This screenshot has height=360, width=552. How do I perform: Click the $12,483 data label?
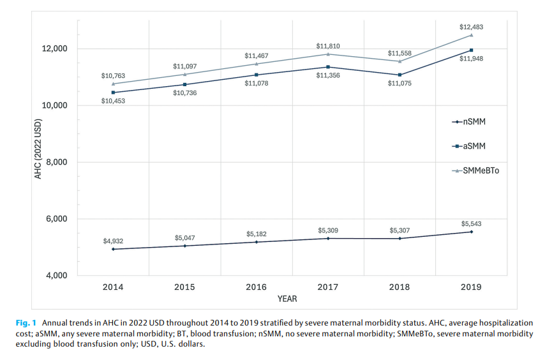(472, 27)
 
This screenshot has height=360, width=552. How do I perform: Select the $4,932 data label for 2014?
(114, 241)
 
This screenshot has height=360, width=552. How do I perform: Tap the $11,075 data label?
(399, 83)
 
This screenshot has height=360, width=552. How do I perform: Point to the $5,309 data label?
(328, 230)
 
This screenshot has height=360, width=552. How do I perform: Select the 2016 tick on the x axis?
(257, 287)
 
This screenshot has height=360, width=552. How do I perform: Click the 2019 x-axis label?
(471, 287)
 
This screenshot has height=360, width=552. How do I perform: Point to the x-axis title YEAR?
(287, 298)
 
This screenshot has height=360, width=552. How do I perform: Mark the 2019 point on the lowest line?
(471, 232)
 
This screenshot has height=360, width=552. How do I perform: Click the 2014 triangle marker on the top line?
(114, 84)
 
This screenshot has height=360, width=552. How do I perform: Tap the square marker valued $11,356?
(328, 67)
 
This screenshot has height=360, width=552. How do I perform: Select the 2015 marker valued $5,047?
(185, 246)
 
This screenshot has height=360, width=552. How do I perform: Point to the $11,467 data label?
(257, 56)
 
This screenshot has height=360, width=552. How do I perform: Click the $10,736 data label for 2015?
(185, 93)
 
